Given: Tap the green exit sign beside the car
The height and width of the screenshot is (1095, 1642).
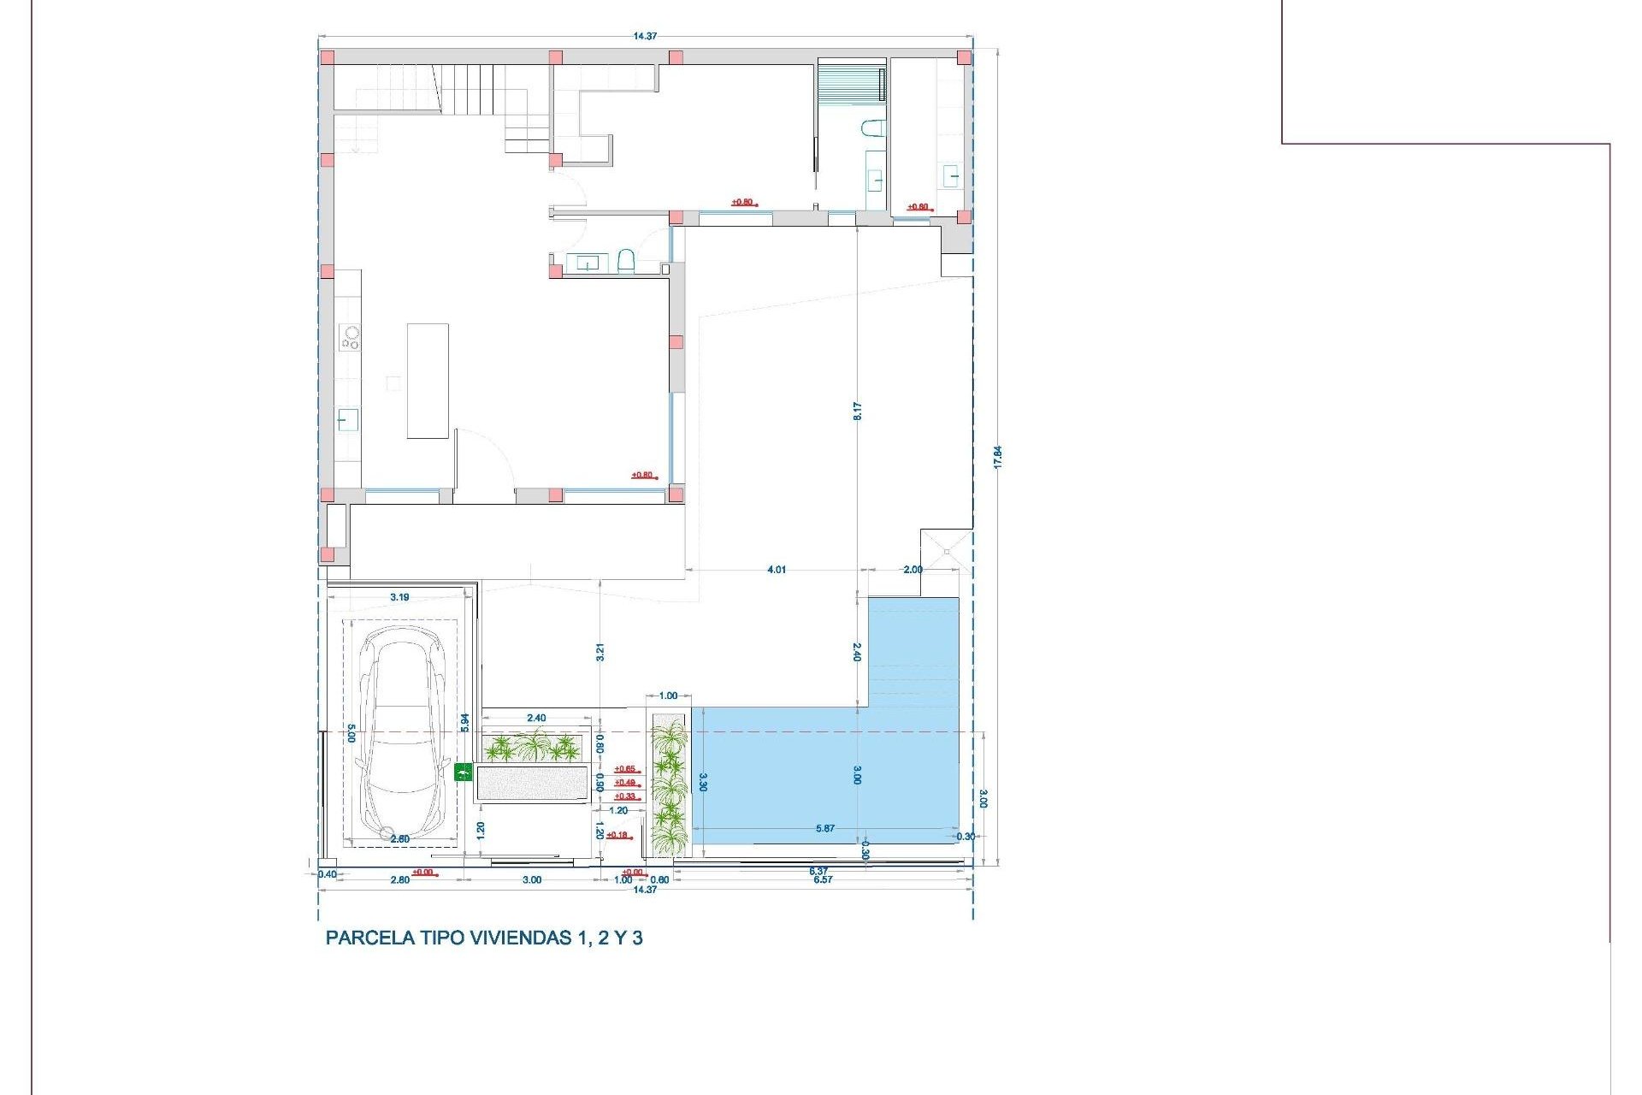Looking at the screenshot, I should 463,772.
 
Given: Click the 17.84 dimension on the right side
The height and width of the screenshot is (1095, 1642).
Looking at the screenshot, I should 997,457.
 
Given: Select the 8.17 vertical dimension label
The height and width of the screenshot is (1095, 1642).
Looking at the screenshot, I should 857,411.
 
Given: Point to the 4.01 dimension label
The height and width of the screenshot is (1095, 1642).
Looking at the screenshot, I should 777,570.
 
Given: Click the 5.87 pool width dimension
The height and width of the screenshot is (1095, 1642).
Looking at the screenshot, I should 825,828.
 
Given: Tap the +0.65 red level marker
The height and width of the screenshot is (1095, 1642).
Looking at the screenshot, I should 625,769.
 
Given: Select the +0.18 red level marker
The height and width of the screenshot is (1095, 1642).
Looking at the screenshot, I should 617,835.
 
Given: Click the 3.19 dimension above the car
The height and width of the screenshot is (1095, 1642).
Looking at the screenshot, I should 399,597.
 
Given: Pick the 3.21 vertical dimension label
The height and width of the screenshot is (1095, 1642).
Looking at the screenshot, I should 600,652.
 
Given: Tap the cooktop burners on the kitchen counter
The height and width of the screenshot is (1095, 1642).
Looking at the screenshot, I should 350,337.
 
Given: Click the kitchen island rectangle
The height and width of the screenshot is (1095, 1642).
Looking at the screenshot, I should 428,381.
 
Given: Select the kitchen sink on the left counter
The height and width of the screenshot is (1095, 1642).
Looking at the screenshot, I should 347,420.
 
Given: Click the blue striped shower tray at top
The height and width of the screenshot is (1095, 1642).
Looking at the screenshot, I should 851,82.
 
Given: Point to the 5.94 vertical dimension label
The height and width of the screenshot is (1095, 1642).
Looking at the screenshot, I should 465,722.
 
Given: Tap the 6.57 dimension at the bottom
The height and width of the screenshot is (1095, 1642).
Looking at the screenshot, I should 823,879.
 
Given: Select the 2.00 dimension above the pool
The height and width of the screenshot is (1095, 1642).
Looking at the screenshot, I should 913,570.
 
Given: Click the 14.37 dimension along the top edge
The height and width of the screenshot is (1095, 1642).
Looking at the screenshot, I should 645,36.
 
